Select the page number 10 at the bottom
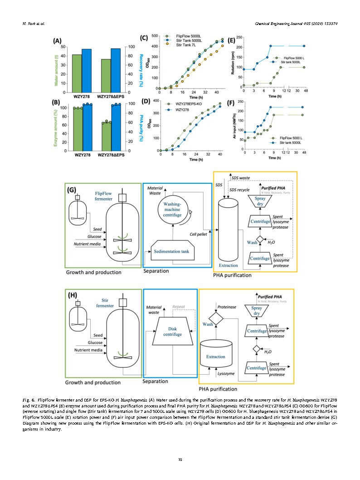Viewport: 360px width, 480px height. click(x=180, y=460)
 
